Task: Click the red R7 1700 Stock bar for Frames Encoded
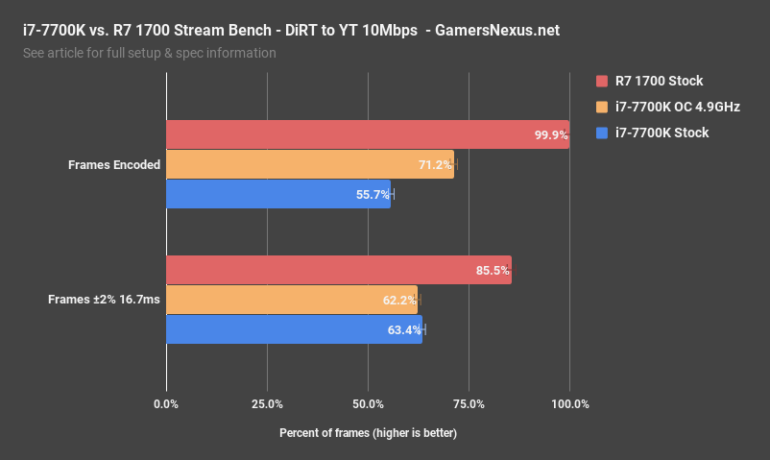point(368,134)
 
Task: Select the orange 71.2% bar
point(310,164)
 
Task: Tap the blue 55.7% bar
point(278,194)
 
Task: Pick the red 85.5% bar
point(339,270)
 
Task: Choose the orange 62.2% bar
point(292,300)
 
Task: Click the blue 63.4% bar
point(294,329)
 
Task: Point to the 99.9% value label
point(551,135)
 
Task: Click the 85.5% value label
point(493,271)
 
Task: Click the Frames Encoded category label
point(113,165)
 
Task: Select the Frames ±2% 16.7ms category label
point(104,300)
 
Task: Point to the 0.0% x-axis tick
point(166,403)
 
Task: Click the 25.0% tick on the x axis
point(267,403)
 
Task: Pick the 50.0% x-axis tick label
point(368,403)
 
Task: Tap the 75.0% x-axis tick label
point(469,403)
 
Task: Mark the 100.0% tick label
point(568,403)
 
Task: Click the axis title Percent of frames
point(368,433)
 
